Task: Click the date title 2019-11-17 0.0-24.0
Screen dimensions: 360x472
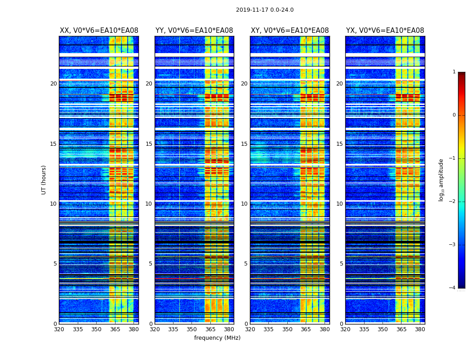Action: pyautogui.click(x=265, y=10)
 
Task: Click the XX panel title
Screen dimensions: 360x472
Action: pyautogui.click(x=99, y=31)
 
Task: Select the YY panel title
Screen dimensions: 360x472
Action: pyautogui.click(x=194, y=31)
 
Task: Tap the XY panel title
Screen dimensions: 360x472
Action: pyautogui.click(x=289, y=31)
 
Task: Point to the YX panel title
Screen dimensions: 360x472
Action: pyautogui.click(x=385, y=31)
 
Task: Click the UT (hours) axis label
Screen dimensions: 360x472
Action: pyautogui.click(x=44, y=180)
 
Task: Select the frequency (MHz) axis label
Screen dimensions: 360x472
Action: pyautogui.click(x=217, y=338)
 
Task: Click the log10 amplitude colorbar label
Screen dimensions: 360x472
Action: pyautogui.click(x=441, y=180)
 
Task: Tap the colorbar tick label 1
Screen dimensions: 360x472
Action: pyautogui.click(x=454, y=72)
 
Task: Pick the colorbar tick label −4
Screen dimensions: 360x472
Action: pyautogui.click(x=453, y=288)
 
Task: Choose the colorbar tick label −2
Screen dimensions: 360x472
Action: pyautogui.click(x=453, y=202)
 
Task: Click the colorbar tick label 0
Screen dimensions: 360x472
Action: pyautogui.click(x=454, y=115)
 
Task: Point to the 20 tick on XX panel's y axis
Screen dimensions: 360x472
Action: pyautogui.click(x=53, y=84)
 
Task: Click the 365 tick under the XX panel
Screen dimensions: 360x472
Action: pyautogui.click(x=115, y=329)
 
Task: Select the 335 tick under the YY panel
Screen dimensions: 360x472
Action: pyautogui.click(x=173, y=329)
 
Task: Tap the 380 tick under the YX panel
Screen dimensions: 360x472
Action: pyautogui.click(x=420, y=329)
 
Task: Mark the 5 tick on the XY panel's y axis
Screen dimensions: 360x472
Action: pyautogui.click(x=246, y=264)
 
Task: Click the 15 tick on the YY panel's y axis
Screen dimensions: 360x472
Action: pyautogui.click(x=149, y=144)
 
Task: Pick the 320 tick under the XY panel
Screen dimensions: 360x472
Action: pyautogui.click(x=250, y=329)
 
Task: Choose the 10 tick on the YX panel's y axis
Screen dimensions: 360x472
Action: pyautogui.click(x=340, y=204)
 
